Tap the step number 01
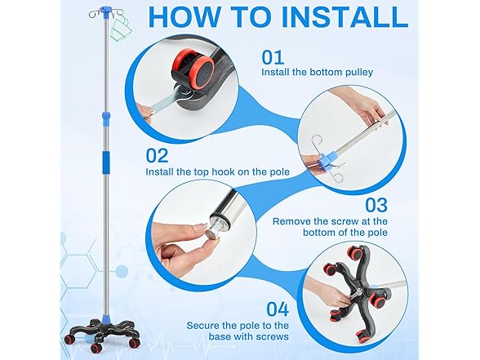point(273,57)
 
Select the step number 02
point(157,155)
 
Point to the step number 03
point(376,205)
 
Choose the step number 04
point(278,309)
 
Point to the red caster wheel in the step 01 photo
point(193,68)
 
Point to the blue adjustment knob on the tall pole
point(106,117)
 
